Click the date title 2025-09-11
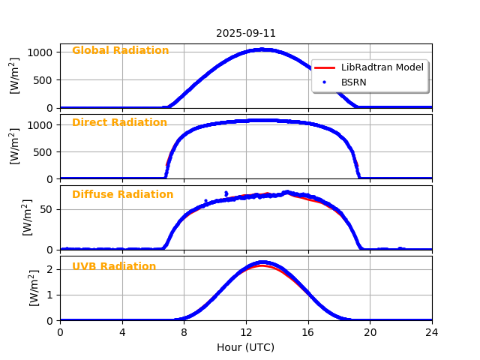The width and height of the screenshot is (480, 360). (x=246, y=33)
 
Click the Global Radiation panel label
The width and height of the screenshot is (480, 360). (x=120, y=50)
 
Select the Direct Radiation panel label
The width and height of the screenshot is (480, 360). (x=119, y=122)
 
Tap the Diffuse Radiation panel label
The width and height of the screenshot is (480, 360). (x=122, y=194)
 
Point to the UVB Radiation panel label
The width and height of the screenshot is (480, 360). (x=114, y=266)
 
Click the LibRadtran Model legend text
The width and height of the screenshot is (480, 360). (x=382, y=67)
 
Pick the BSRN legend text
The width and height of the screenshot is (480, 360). (x=354, y=82)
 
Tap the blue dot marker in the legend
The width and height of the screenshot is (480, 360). (x=324, y=82)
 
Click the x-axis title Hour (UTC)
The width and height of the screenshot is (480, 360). (x=246, y=347)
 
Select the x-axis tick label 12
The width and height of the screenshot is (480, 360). (x=246, y=332)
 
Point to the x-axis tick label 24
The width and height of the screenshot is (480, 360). (x=432, y=332)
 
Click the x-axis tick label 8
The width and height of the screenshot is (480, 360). (x=184, y=332)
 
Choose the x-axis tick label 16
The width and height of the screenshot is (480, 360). (x=308, y=332)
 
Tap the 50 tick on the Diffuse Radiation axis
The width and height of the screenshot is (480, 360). (x=46, y=209)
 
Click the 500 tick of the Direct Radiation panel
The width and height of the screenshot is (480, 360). (x=43, y=151)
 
